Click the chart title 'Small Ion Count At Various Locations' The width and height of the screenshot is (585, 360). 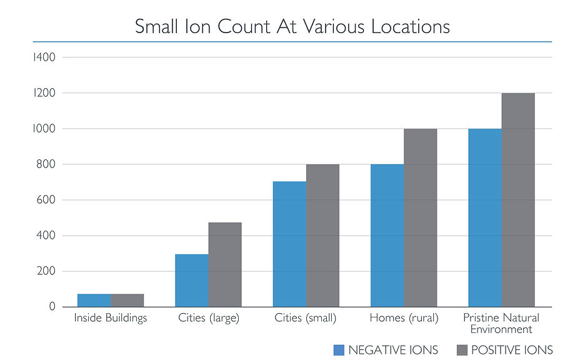click(292, 27)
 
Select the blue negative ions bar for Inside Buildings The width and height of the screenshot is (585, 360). click(94, 301)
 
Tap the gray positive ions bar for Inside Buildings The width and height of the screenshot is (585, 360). click(127, 301)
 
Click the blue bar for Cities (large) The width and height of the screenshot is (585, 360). click(191, 281)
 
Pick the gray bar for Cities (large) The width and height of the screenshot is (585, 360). click(225, 265)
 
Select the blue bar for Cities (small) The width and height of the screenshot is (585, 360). click(289, 244)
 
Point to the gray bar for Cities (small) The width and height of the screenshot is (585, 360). click(322, 236)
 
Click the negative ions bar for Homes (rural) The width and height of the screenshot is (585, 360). click(387, 236)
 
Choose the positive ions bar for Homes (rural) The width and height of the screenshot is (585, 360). click(421, 218)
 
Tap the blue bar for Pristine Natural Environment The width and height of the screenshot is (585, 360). click(485, 218)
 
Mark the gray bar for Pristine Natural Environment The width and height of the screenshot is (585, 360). click(518, 200)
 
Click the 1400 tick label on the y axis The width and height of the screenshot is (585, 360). click(44, 57)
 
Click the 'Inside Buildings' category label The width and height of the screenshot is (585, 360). click(111, 318)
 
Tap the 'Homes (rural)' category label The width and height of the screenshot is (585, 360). click(404, 318)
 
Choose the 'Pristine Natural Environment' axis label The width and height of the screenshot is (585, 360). click(501, 323)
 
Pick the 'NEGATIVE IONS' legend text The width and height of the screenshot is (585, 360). click(393, 350)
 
